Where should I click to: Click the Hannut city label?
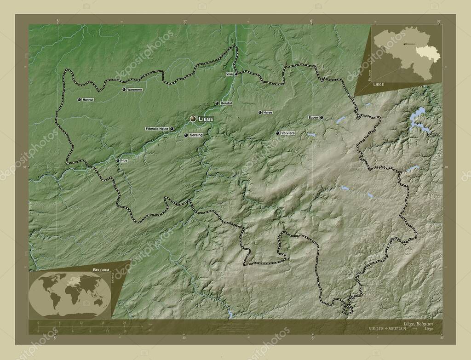pyautogui.click(x=88, y=99)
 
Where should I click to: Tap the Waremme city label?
pyautogui.click(x=135, y=89)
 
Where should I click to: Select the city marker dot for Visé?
pyautogui.click(x=236, y=74)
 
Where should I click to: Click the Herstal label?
pyautogui.click(x=226, y=103)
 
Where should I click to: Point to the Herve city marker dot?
pyautogui.click(x=260, y=112)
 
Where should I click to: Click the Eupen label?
pyautogui.click(x=313, y=117)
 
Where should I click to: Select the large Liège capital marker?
pyautogui.click(x=194, y=119)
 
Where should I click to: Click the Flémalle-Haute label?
pyautogui.click(x=156, y=129)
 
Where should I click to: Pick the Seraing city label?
pyautogui.click(x=196, y=135)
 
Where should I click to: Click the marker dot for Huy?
pyautogui.click(x=118, y=160)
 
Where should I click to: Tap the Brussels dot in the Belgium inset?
pyautogui.click(x=404, y=44)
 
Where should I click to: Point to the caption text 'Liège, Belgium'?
pyautogui.click(x=417, y=324)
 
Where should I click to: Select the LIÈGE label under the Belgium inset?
pyautogui.click(x=379, y=85)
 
